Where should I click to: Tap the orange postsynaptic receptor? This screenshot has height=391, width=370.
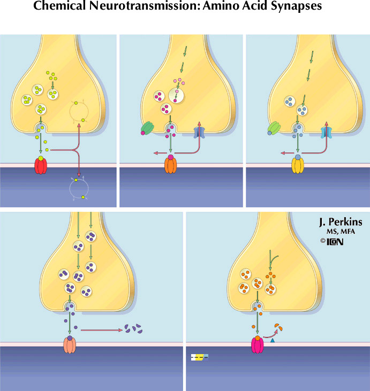point(170,164)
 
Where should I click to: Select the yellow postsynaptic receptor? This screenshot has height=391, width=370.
point(298,165)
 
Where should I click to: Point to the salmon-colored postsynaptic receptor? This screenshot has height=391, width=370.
point(70,344)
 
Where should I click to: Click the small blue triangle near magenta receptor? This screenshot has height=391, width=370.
point(273,340)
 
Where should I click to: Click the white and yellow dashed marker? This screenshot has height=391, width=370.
point(200,357)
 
